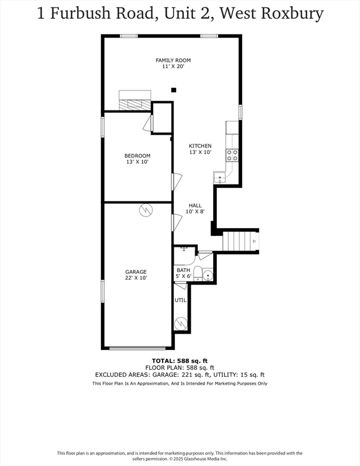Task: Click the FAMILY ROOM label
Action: pos(173,60)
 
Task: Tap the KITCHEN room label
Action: pos(200,146)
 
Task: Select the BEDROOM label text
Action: pos(137,156)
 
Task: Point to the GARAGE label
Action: pos(136,272)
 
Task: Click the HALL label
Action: pos(195,205)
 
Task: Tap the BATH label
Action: pos(183,270)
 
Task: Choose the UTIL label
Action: pos(180,300)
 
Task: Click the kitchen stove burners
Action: pos(232,155)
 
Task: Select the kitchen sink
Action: pos(220,178)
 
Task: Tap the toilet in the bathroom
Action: pos(198,274)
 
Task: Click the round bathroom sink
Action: pos(208,275)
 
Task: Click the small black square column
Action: pos(174,90)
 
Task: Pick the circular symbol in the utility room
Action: pos(181,323)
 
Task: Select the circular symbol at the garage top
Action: pos(146,210)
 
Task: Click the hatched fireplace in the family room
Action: pos(135,105)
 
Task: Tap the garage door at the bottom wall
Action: pos(137,348)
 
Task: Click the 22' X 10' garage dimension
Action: pos(136,278)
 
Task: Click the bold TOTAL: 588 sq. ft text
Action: pos(180,361)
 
